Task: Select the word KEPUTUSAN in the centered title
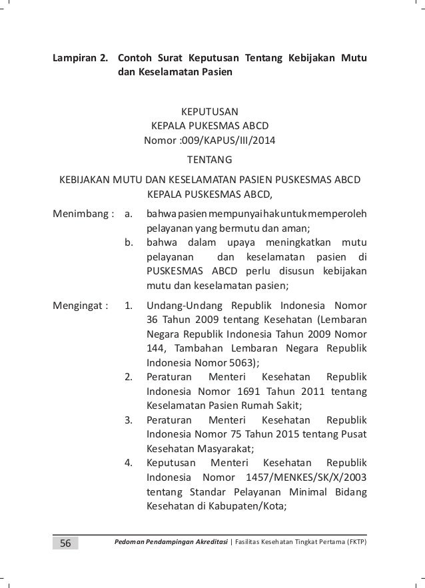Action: (210, 111)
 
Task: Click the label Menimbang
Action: (80, 215)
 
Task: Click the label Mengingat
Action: (79, 306)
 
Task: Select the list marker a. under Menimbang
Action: (131, 215)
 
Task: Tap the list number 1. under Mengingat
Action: (131, 306)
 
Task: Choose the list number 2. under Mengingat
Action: (131, 378)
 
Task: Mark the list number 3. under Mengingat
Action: (131, 421)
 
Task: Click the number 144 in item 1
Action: (155, 349)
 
